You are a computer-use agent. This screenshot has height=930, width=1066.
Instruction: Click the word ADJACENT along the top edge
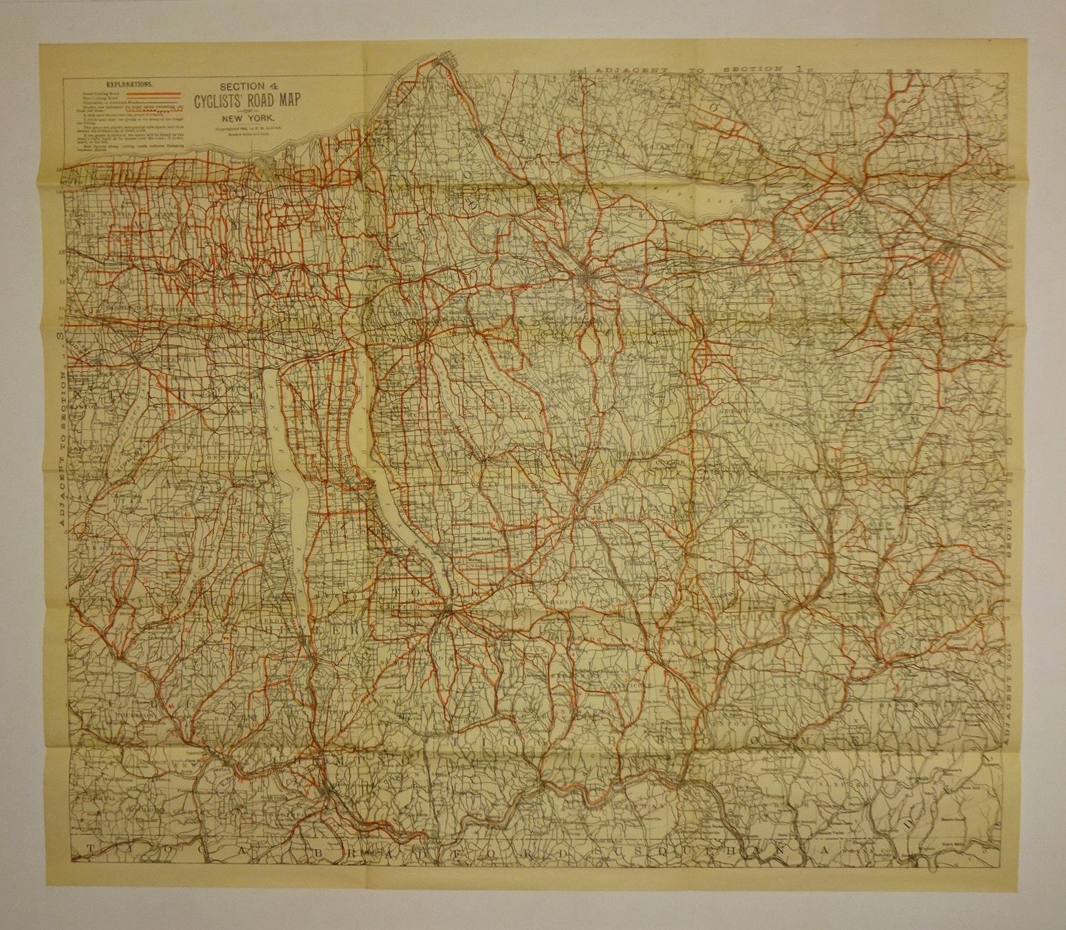[629, 70]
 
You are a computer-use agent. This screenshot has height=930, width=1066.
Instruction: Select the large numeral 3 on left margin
[61, 337]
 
